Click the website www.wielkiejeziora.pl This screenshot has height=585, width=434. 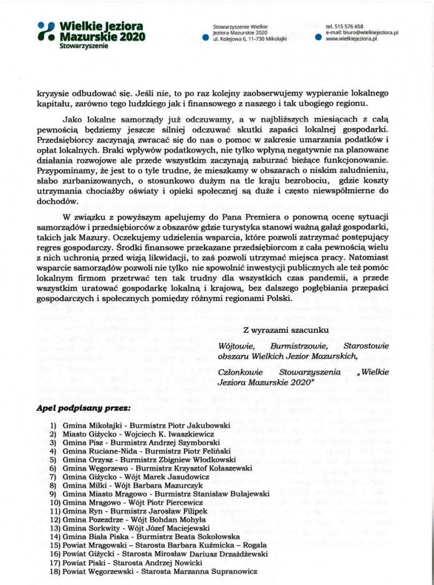[352, 39]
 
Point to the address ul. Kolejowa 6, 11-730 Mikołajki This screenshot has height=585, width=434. [251, 39]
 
